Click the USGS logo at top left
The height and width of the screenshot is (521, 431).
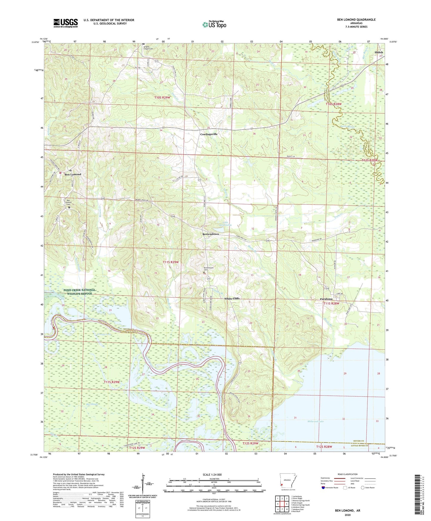(x=65, y=23)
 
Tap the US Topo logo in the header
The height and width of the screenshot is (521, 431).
(x=214, y=24)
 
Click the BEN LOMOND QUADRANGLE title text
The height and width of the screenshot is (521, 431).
(x=356, y=20)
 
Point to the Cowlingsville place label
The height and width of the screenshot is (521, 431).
(x=208, y=134)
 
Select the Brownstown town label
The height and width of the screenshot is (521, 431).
(x=211, y=234)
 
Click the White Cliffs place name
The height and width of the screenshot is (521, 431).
(x=232, y=298)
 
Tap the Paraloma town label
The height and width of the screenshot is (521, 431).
(x=326, y=299)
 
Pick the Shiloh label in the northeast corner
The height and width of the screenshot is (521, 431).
(x=379, y=52)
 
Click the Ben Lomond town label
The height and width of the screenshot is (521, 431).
(x=73, y=174)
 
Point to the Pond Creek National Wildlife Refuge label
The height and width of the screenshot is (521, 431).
(x=79, y=292)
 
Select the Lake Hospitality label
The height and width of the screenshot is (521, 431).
(x=225, y=223)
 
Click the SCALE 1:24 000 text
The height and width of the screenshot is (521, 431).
(x=212, y=475)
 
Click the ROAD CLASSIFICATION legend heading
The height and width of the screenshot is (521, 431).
(x=347, y=474)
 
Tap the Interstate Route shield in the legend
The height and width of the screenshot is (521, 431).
(x=324, y=488)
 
